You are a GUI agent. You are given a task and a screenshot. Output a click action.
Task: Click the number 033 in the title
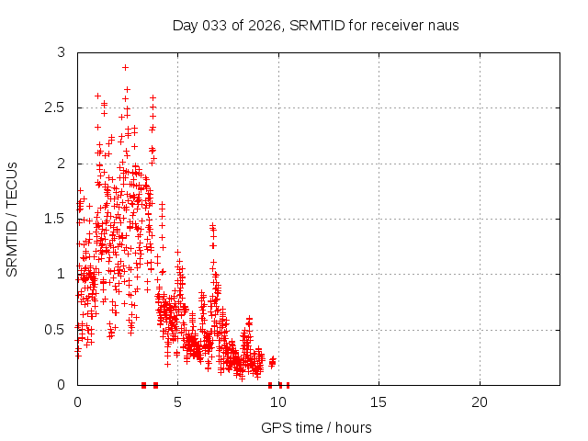pos(213,25)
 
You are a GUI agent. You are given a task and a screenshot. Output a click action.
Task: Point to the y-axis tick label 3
pos(62,53)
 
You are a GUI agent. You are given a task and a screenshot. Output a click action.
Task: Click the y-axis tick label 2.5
pos(56,108)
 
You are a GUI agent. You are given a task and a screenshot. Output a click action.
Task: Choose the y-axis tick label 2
pos(62,164)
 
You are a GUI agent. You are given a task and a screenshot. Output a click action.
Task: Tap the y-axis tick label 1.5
pos(56,219)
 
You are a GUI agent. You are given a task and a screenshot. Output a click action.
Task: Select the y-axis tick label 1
pos(62,274)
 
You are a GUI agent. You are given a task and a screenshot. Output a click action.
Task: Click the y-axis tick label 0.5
pos(56,329)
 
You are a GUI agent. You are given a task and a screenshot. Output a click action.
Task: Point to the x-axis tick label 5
pos(177,402)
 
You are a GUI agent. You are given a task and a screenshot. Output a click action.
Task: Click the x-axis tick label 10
pos(278,402)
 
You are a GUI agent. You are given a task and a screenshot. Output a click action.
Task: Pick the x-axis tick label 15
pos(379,402)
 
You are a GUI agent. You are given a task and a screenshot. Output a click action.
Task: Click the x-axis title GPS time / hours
pos(316,427)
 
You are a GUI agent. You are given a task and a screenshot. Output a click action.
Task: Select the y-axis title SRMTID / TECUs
pos(13,219)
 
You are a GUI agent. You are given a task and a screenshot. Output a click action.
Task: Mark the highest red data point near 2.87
pos(125,67)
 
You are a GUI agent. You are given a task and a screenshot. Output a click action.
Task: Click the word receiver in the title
pos(397,25)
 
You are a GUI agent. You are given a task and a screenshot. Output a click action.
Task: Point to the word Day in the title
pos(185,25)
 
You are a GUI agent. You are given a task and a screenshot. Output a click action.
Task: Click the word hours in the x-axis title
pos(353,427)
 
